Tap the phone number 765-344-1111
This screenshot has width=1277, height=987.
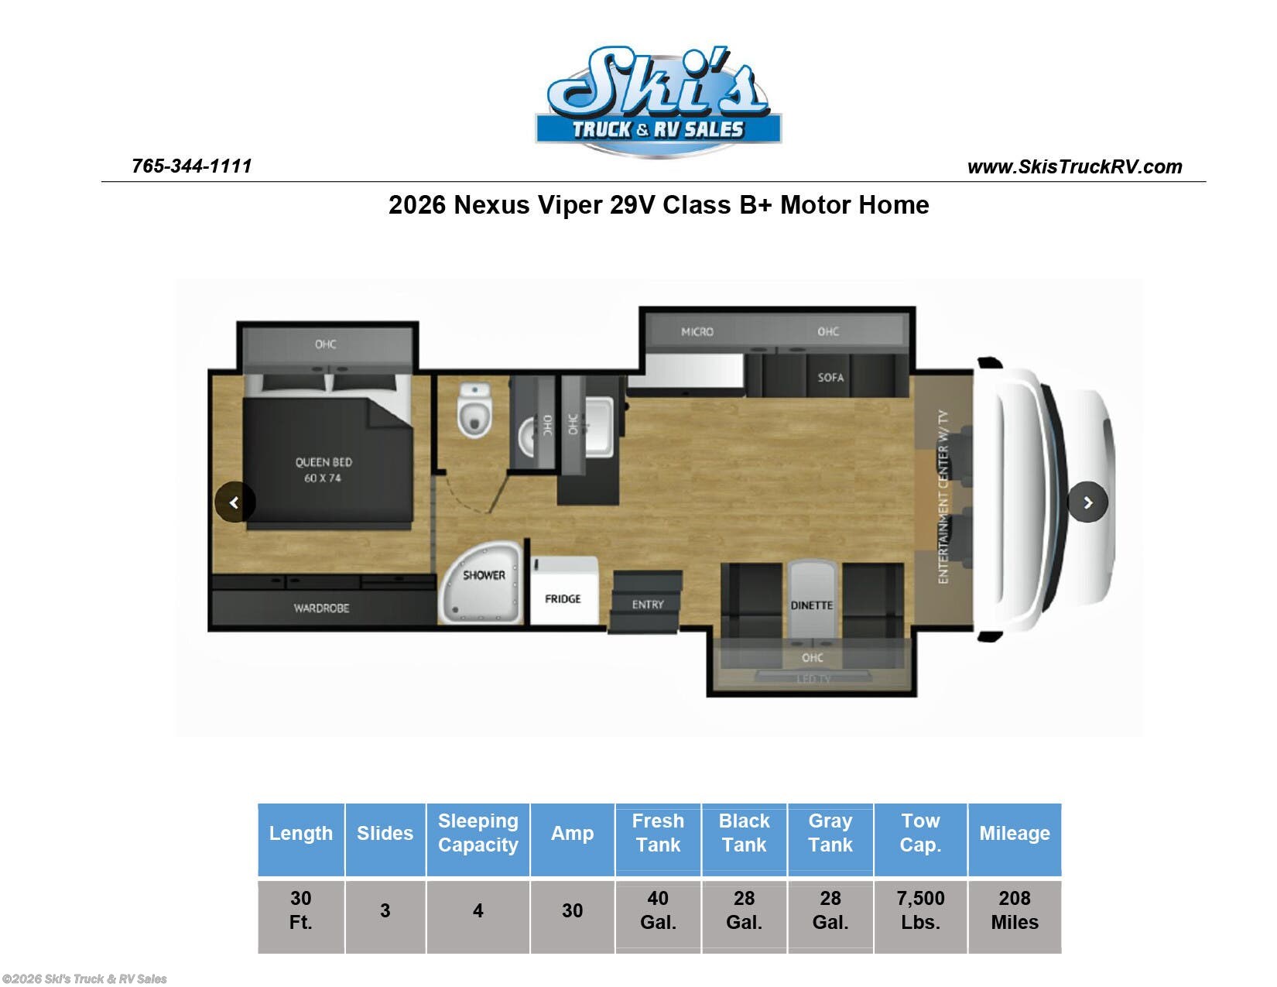(x=192, y=166)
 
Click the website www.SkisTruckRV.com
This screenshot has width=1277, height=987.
(x=1074, y=166)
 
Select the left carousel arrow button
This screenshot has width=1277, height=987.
(x=235, y=502)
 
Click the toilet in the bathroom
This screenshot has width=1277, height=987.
(x=474, y=410)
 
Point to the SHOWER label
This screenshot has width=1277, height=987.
(x=484, y=575)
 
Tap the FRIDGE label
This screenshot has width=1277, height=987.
(x=563, y=598)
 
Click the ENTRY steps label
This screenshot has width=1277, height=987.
(x=648, y=604)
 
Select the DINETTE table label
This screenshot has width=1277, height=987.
(x=812, y=605)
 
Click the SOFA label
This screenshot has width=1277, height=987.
(x=830, y=377)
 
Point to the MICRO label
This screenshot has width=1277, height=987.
(x=697, y=331)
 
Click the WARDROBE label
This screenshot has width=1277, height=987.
(x=321, y=608)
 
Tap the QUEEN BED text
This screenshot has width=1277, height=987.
(x=324, y=462)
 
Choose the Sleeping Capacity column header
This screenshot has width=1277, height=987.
(x=478, y=833)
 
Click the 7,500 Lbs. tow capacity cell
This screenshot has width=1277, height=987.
(x=920, y=910)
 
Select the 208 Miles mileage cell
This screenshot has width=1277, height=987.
(x=1014, y=910)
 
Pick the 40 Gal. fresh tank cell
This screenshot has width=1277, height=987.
(x=658, y=910)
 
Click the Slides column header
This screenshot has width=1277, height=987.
(x=385, y=833)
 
